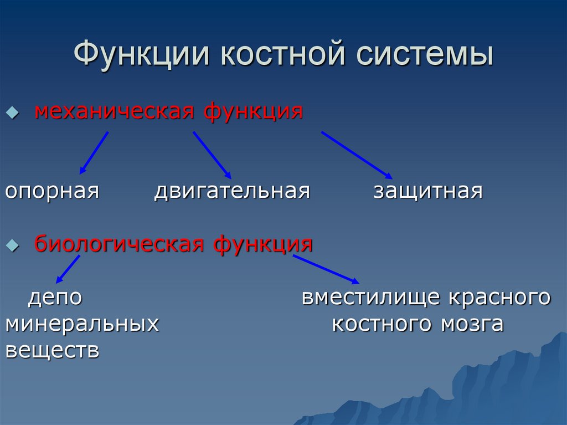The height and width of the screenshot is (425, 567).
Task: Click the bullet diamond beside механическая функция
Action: pyautogui.click(x=11, y=112)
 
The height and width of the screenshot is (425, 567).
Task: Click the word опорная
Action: pyautogui.click(x=52, y=192)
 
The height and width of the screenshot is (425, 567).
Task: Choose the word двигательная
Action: pyautogui.click(x=232, y=192)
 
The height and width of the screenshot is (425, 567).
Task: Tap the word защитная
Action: pyautogui.click(x=427, y=192)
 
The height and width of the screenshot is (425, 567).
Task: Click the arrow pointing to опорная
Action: pyautogui.click(x=94, y=152)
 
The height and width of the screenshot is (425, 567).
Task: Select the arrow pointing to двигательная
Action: pyautogui.click(x=212, y=155)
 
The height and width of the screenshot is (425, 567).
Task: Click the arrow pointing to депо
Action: pyautogui.click(x=68, y=269)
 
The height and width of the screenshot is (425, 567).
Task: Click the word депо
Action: pyautogui.click(x=55, y=298)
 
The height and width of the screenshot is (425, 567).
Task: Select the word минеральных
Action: pyautogui.click(x=82, y=324)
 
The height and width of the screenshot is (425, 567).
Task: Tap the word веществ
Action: pyautogui.click(x=52, y=350)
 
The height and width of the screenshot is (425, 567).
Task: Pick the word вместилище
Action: pyautogui.click(x=372, y=298)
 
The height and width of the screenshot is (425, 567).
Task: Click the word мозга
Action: pyautogui.click(x=472, y=324)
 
